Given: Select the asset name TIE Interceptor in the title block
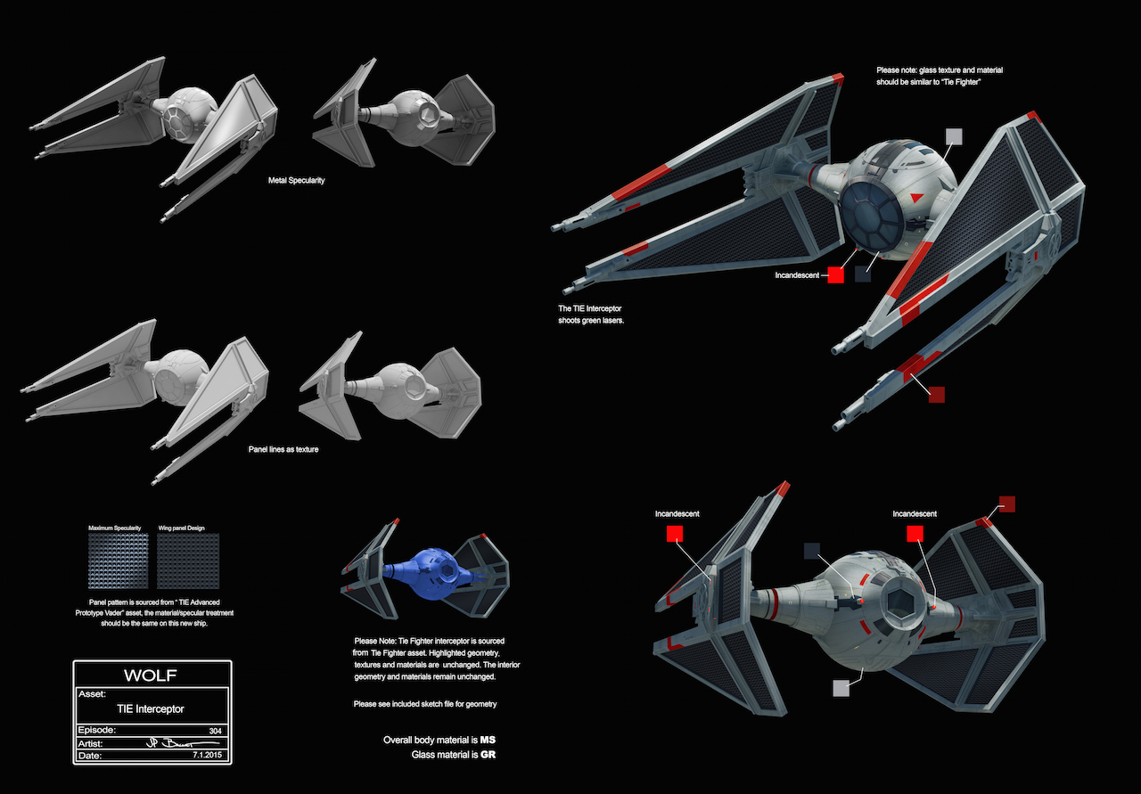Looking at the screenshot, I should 152,709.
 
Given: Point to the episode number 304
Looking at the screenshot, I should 214,729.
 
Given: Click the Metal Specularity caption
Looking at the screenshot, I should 296,180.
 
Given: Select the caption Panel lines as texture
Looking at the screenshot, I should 283,449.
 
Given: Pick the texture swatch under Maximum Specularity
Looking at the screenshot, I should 119,561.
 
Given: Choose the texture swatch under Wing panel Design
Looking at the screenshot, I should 187,561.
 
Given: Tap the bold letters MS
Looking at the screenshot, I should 488,740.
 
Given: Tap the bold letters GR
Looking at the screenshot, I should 488,755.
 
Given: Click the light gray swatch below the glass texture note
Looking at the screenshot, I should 954,135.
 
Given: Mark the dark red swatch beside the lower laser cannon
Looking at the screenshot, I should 936,394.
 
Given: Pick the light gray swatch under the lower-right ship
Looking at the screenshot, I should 841,687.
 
